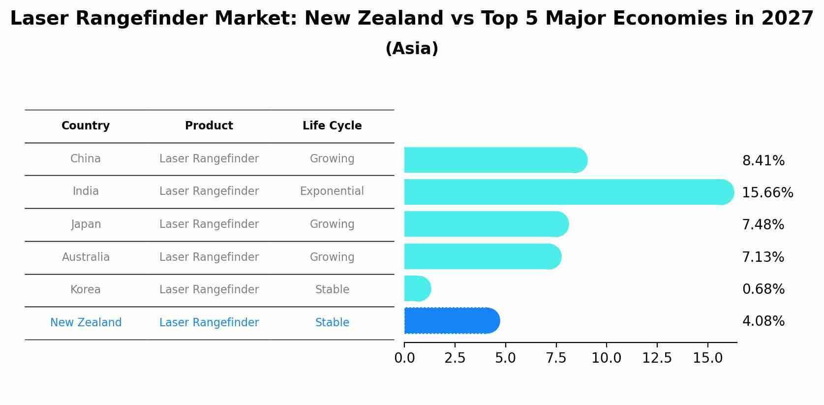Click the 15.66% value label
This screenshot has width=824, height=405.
point(767,192)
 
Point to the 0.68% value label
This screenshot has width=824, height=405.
point(763,289)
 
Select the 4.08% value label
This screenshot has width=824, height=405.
point(763,321)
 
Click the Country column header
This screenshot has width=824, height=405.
point(86,126)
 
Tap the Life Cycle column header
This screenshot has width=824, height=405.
point(332,126)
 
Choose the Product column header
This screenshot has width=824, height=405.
point(209,126)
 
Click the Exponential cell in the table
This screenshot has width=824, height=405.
point(332,191)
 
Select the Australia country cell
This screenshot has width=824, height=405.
point(86,257)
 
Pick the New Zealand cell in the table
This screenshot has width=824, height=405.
point(86,323)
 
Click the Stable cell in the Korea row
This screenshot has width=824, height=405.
point(332,290)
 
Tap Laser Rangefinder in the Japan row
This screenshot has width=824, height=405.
point(209,224)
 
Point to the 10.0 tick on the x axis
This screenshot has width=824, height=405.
point(607,358)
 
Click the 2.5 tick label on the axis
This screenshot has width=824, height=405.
point(455,358)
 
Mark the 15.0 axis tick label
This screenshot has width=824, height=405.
point(708,358)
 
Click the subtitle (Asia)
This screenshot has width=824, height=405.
point(412,49)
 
